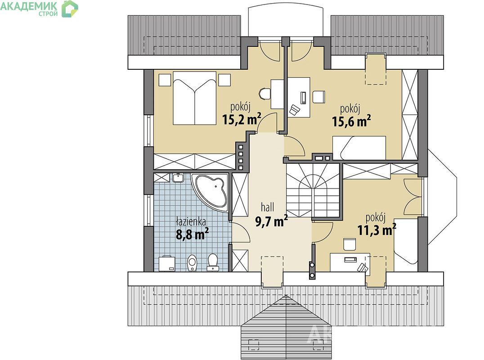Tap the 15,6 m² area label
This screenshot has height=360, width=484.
click(351, 121)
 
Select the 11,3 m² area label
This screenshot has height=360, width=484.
click(377, 229)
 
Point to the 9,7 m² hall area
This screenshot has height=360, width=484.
click(271, 221)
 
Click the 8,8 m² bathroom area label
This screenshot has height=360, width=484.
click(192, 234)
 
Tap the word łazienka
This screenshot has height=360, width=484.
click(191, 221)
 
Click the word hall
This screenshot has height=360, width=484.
click(268, 207)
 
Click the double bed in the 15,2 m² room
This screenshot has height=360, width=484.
click(194, 98)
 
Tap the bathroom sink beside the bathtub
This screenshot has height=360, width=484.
click(178, 178)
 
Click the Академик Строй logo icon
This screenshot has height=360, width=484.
click(70, 9)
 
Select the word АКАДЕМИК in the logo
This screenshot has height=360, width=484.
click(29, 6)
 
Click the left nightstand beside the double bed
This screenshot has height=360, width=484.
click(165, 80)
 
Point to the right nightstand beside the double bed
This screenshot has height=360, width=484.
click(224, 80)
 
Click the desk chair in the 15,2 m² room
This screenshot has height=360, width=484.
click(264, 94)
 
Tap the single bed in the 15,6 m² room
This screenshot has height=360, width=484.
click(359, 148)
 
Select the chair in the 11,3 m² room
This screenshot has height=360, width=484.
click(350, 244)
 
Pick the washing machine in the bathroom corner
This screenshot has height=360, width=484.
click(167, 264)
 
